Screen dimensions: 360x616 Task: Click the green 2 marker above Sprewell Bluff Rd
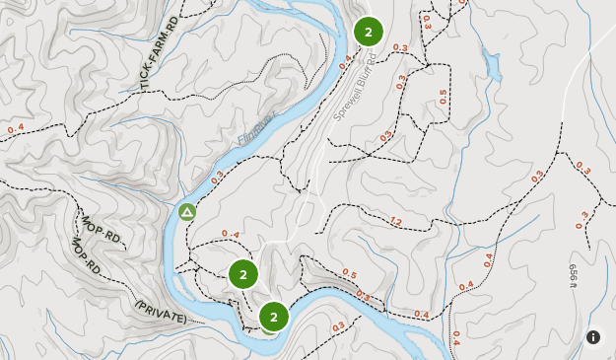click(x=368, y=32)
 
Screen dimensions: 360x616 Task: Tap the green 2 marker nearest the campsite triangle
click(x=242, y=273)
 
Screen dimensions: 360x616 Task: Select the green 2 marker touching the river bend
click(x=273, y=317)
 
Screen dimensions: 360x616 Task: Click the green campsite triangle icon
click(x=186, y=211)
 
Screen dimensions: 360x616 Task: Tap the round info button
click(x=593, y=337)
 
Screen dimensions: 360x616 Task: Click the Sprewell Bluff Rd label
click(x=354, y=98)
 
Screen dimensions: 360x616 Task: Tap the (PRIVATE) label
click(x=161, y=313)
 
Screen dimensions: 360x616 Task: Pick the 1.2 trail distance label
click(x=396, y=221)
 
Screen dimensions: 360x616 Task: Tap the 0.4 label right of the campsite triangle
click(x=231, y=234)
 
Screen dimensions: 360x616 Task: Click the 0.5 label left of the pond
click(x=443, y=97)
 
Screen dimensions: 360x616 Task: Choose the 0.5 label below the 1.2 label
click(x=349, y=274)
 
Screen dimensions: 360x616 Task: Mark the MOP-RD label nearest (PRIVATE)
click(x=87, y=258)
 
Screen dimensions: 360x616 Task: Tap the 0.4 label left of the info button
click(x=455, y=336)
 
